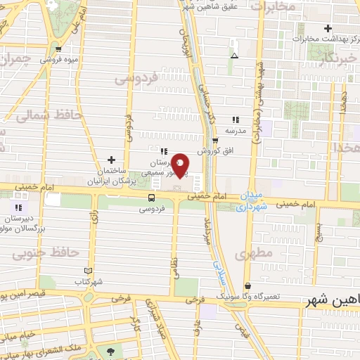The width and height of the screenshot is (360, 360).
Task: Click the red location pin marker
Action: coord(181,165)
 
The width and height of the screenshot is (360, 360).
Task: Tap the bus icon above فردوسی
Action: coord(151,198)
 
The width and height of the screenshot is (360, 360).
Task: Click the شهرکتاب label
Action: coord(89,281)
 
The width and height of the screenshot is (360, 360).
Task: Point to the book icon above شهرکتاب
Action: coord(88,271)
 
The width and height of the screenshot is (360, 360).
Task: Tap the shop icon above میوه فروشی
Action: coord(59,49)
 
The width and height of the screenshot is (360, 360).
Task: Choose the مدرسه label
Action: coord(234,131)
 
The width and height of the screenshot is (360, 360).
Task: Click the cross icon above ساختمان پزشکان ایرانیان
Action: coord(111,160)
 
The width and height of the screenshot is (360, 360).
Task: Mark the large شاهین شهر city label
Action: coord(333,300)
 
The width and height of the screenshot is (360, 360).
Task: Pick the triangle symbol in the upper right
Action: coord(234,56)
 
